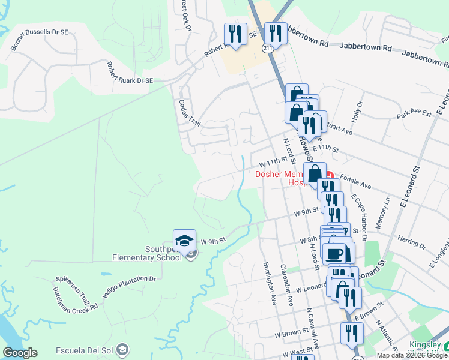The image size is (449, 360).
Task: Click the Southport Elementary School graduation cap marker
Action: (x=184, y=241)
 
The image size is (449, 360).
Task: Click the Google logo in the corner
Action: (x=20, y=353)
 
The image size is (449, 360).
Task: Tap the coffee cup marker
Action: (x=334, y=252)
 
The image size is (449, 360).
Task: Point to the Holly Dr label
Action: (x=360, y=112)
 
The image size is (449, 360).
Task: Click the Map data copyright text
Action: (x=412, y=355)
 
